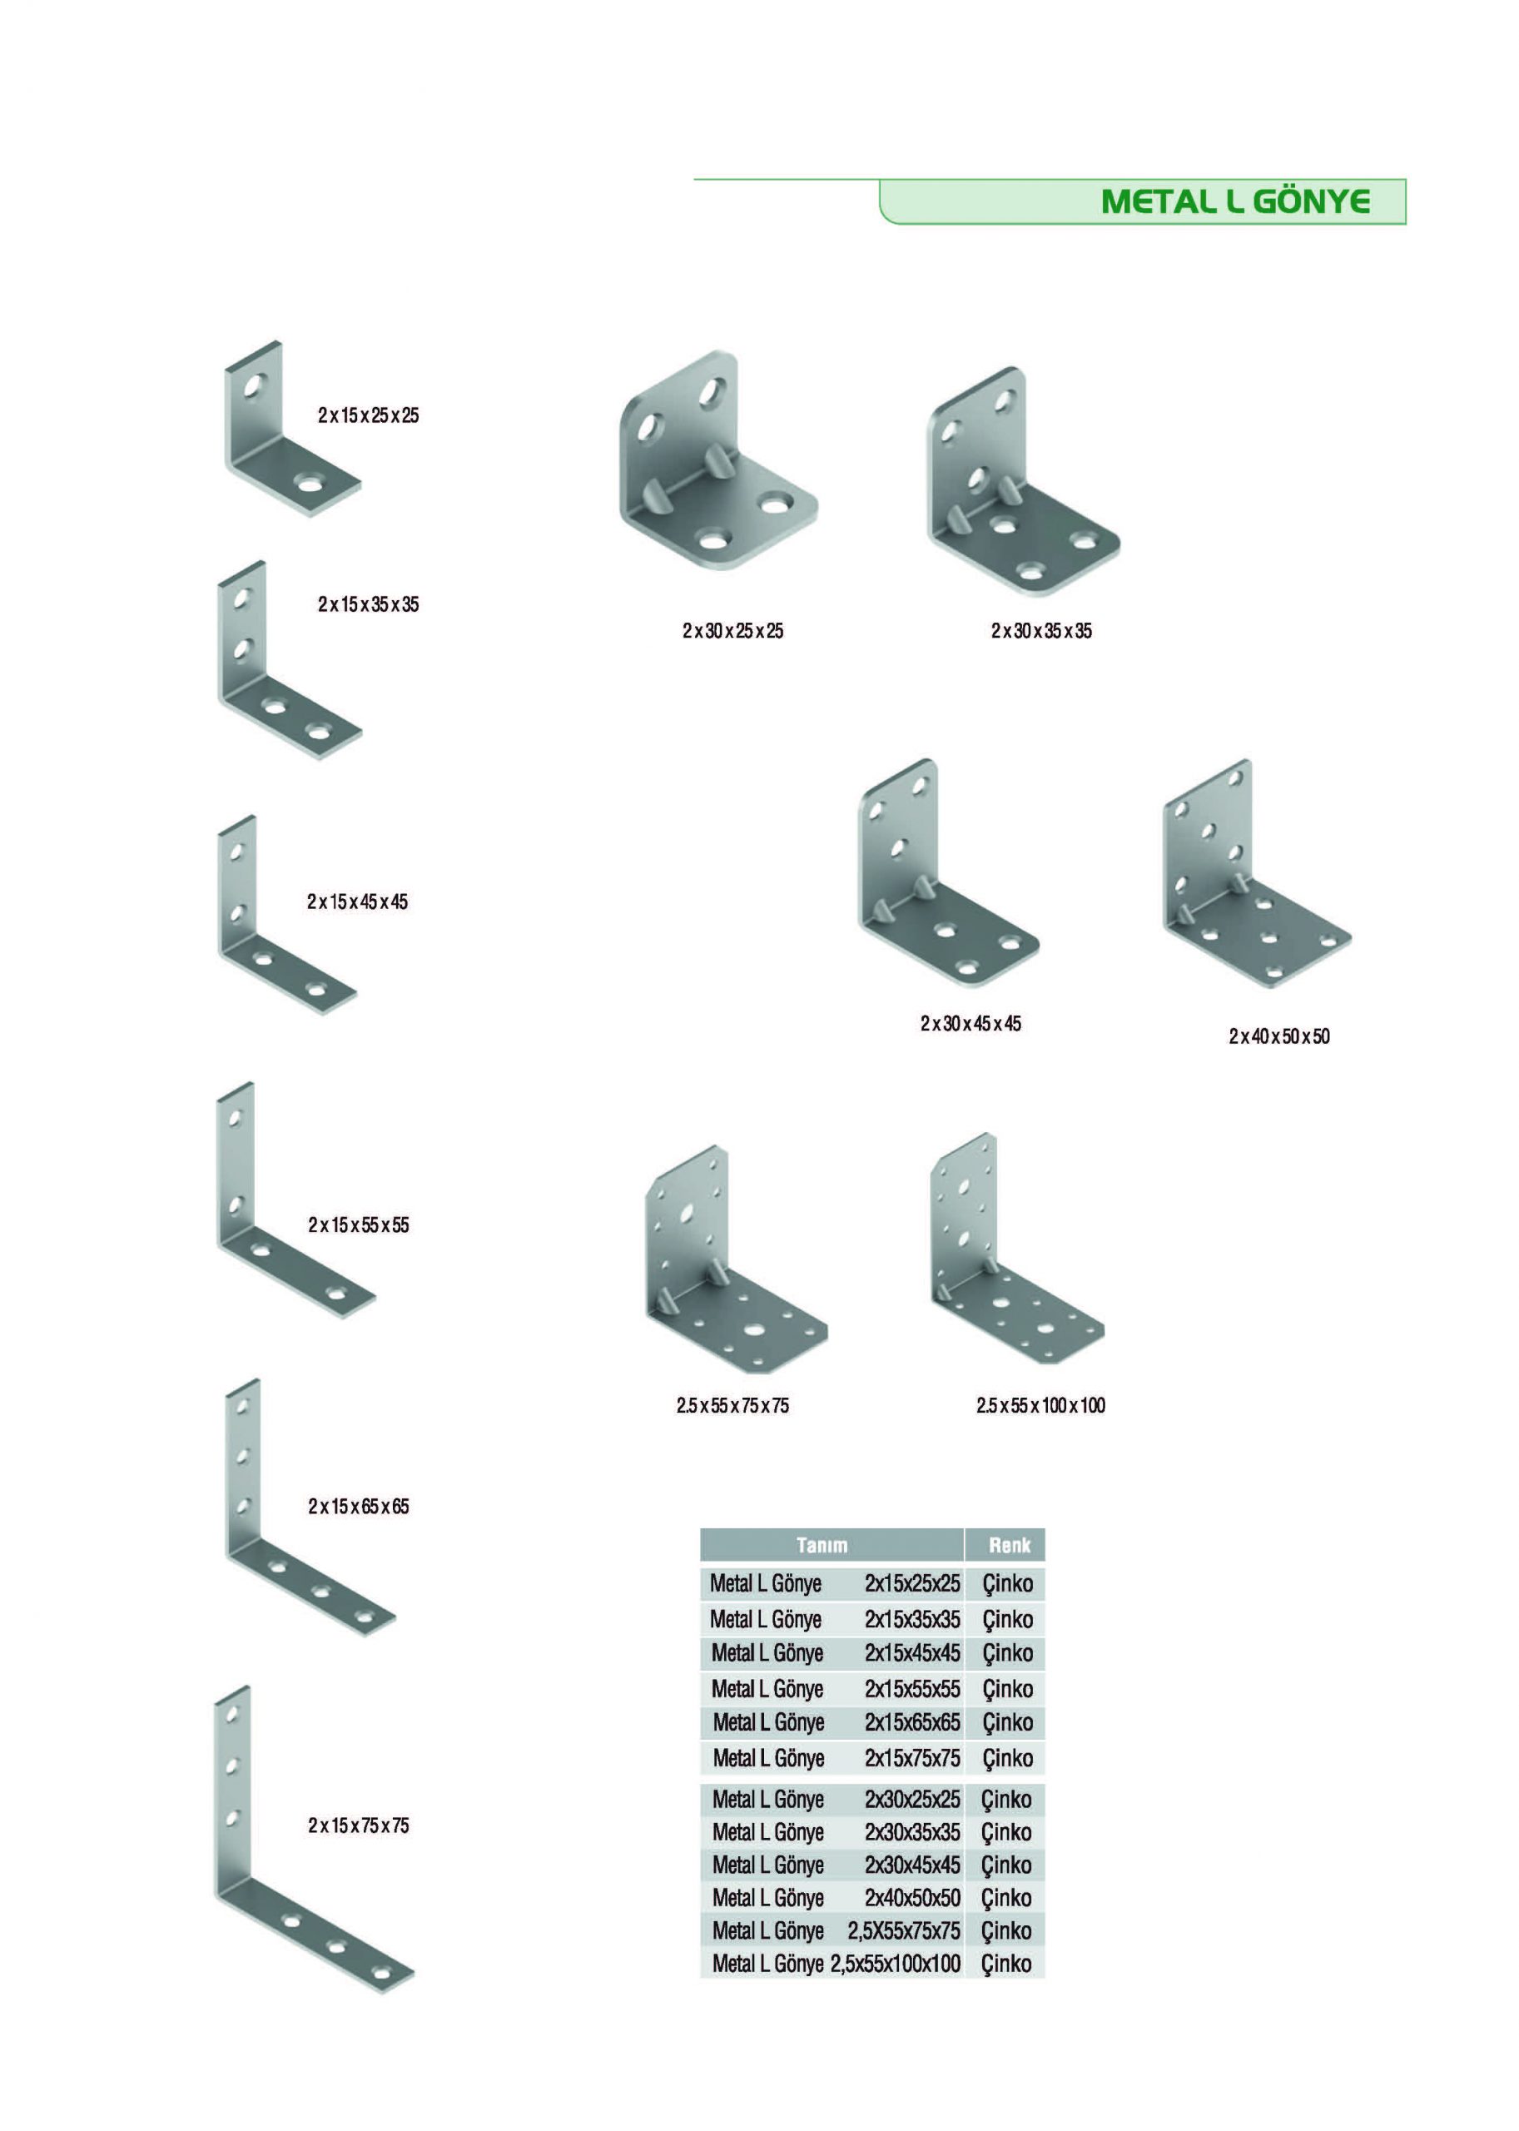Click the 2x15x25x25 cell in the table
pyautogui.click(x=912, y=1584)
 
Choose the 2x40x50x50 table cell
pyautogui.click(x=912, y=1898)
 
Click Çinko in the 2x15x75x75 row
pyautogui.click(x=1007, y=1759)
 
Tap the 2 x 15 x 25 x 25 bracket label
pyautogui.click(x=369, y=415)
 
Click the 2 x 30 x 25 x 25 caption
pyautogui.click(x=733, y=632)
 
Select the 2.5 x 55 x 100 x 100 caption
pyautogui.click(x=1041, y=1405)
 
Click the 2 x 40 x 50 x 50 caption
pyautogui.click(x=1279, y=1036)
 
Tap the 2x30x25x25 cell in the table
pyautogui.click(x=912, y=1800)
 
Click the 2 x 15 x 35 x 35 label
pyautogui.click(x=369, y=605)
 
